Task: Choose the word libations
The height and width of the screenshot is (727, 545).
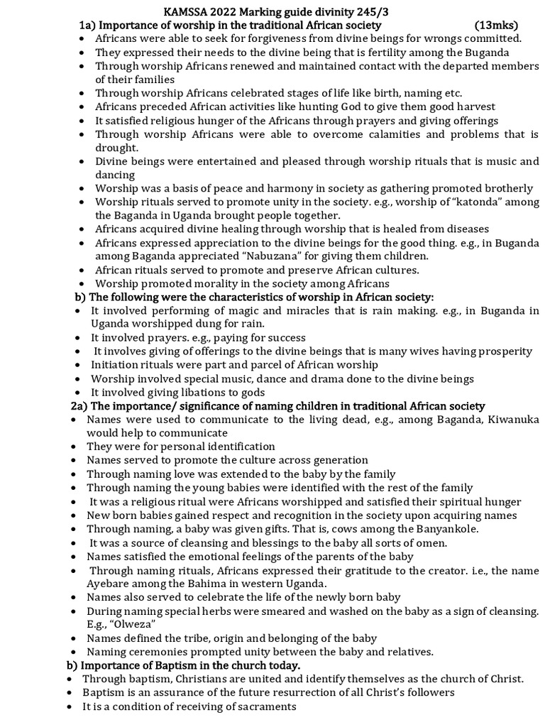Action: (192, 393)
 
